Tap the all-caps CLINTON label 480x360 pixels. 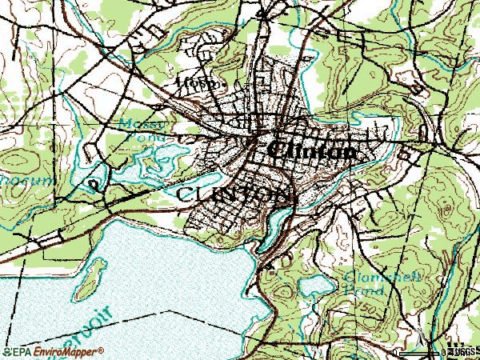pos(233,194)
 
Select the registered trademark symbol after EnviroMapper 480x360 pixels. pos(101,350)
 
